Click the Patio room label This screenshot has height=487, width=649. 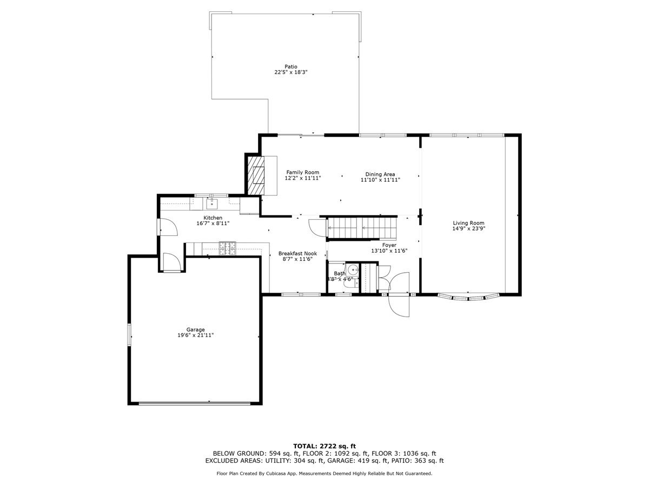(x=291, y=67)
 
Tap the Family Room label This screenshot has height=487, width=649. (x=303, y=172)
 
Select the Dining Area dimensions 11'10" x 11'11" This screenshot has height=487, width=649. (x=380, y=180)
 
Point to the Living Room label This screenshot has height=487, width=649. (x=468, y=223)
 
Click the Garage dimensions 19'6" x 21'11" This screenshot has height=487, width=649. (x=195, y=335)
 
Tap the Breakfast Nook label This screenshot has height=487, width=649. (x=297, y=253)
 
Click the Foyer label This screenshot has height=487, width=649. (x=389, y=245)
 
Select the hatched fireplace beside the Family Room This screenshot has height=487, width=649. (x=255, y=174)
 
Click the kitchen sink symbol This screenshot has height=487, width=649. (x=211, y=203)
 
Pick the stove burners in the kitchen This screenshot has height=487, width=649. (x=227, y=248)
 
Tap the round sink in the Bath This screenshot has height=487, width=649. (x=353, y=269)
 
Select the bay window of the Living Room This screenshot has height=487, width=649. (x=468, y=297)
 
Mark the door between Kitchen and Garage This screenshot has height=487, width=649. (x=172, y=263)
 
